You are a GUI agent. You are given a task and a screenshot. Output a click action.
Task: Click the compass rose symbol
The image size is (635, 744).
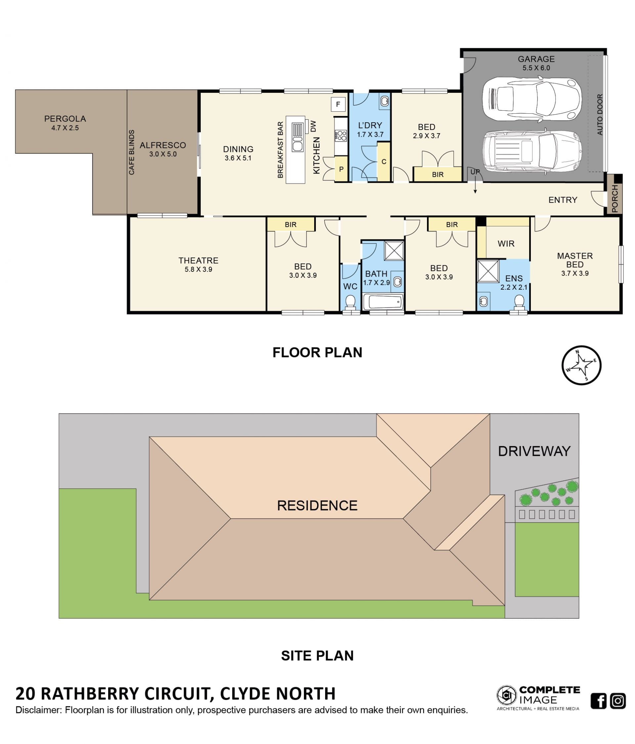tap(581, 365)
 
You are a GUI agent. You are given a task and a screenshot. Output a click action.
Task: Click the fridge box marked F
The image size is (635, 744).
tap(338, 104)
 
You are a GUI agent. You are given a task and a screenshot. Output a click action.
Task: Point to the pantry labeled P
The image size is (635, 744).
tap(341, 169)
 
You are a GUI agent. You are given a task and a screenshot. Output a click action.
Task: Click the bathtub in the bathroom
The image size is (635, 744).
tap(383, 302)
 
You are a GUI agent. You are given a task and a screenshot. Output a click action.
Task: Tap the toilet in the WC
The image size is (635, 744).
tap(350, 302)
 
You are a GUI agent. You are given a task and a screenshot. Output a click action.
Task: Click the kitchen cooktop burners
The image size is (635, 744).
tap(341, 136)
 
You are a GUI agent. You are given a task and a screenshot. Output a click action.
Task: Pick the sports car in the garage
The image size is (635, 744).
tap(531, 99)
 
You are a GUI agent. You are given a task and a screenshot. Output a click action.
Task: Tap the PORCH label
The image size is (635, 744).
tap(614, 199)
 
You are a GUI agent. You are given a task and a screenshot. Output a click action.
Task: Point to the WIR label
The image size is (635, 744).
tap(506, 243)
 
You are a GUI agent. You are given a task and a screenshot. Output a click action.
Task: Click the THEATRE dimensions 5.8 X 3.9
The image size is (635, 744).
tap(198, 269)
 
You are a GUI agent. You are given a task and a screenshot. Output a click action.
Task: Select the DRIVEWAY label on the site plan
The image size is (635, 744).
tap(534, 451)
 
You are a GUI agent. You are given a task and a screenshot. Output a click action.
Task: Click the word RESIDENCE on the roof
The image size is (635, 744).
tap(317, 505)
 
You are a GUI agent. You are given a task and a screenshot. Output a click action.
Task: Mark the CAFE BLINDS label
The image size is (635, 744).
tap(132, 152)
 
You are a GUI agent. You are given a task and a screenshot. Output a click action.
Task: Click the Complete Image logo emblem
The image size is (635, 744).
tap(506, 695)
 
